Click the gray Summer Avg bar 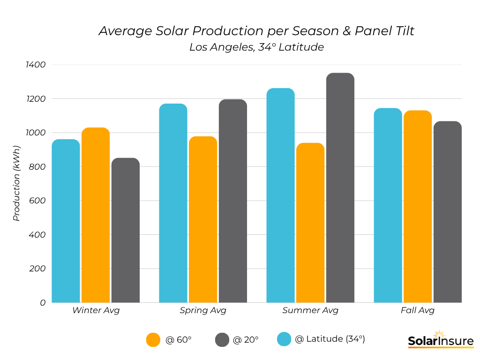(x=340, y=187)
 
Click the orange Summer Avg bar (x=310, y=223)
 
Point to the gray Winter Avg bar (x=126, y=230)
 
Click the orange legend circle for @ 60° (x=153, y=340)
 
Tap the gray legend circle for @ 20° (x=222, y=340)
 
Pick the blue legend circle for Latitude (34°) (x=284, y=339)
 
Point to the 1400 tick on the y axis (x=36, y=65)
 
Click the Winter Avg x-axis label (x=96, y=310)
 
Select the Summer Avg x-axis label (x=310, y=310)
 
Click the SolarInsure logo (x=440, y=340)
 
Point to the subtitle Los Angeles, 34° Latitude (x=256, y=47)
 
